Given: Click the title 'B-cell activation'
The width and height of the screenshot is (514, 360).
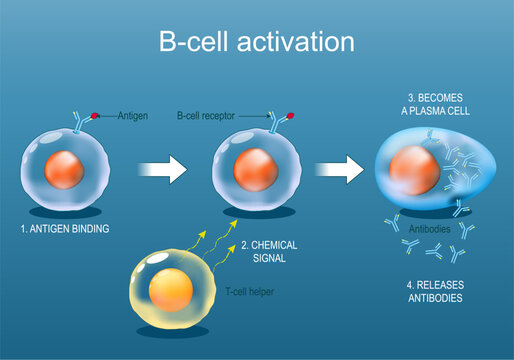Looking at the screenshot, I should pyautogui.click(x=256, y=42).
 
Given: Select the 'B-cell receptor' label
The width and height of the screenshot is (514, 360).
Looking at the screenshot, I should pyautogui.click(x=208, y=116).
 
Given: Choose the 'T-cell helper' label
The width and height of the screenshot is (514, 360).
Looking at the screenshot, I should pyautogui.click(x=251, y=291).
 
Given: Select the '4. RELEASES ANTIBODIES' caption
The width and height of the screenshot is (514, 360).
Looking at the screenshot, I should pyautogui.click(x=432, y=290).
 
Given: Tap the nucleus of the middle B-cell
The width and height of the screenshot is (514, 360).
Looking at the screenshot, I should pyautogui.click(x=254, y=169).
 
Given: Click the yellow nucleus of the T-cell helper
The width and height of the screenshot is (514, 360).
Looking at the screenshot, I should pyautogui.click(x=165, y=291).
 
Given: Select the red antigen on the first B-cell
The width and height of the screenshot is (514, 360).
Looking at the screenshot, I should pyautogui.click(x=95, y=116).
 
